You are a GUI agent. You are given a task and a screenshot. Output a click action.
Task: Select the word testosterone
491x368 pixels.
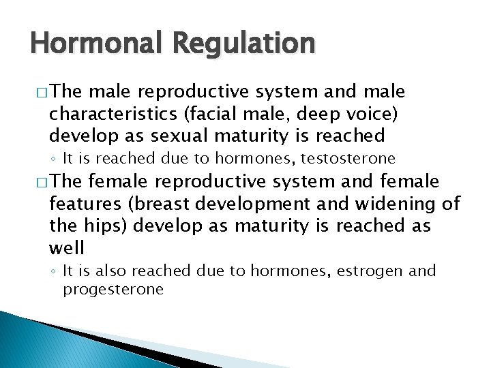tap(354, 159)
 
